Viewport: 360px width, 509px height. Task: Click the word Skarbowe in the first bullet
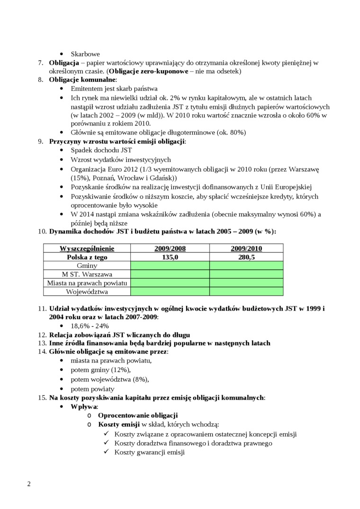coord(85,54)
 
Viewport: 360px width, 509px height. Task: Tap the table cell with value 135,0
coord(170,257)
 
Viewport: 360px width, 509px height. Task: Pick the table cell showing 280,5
coord(246,257)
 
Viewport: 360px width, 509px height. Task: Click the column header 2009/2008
coord(170,249)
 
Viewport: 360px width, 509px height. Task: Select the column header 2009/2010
coord(246,249)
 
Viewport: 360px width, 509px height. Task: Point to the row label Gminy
coord(87,266)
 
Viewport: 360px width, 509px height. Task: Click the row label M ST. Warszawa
coord(87,274)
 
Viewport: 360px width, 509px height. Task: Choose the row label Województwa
coord(87,291)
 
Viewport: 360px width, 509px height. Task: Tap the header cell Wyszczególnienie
coord(87,249)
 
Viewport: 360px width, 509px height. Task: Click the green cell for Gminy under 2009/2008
coord(170,266)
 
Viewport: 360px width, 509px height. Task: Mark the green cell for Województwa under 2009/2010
coord(246,291)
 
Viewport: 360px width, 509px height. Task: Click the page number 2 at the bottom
coord(29,484)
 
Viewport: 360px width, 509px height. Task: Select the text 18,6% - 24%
coord(90,326)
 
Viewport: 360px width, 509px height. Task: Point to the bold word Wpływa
coord(84,406)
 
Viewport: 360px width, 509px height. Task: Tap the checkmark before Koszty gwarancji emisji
coord(107,452)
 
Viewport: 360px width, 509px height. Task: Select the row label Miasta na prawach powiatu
coord(87,283)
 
